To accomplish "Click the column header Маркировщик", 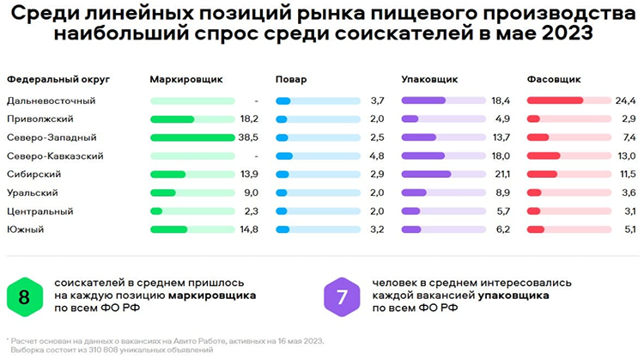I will pyautogui.click(x=185, y=79).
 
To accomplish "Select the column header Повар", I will pyautogui.click(x=291, y=79).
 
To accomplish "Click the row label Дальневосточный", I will pyautogui.click(x=51, y=101).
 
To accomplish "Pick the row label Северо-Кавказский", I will pyautogui.click(x=55, y=156).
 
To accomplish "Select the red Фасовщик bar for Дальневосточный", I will pyautogui.click(x=556, y=101).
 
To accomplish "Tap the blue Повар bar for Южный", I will pyautogui.click(x=284, y=229).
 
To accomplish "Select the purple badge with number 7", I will pyautogui.click(x=342, y=296).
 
